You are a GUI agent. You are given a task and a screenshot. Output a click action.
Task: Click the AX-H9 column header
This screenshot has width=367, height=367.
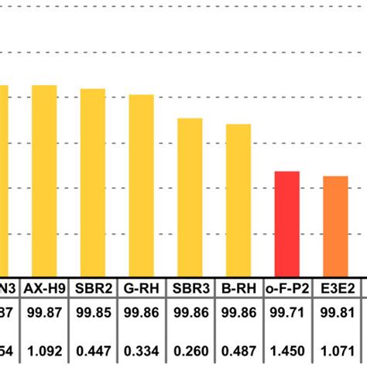tap(44, 289)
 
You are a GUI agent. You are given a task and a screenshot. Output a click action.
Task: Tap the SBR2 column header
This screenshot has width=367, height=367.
tap(93, 289)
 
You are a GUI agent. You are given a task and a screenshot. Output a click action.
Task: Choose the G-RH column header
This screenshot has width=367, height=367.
tap(141, 289)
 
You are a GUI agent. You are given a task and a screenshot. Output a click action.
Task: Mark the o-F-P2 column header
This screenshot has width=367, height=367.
tap(286, 289)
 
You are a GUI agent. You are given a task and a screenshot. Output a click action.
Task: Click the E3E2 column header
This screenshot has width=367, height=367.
tap(335, 289)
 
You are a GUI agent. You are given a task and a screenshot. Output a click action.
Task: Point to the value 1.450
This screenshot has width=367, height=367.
tap(286, 350)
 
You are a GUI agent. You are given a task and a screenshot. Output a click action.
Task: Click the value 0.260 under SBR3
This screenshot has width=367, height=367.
tap(190, 350)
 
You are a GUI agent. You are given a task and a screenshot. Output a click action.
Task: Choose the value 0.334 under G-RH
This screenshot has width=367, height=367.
tap(141, 350)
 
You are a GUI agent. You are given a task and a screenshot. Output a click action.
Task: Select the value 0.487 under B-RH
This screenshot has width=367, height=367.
tap(238, 350)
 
